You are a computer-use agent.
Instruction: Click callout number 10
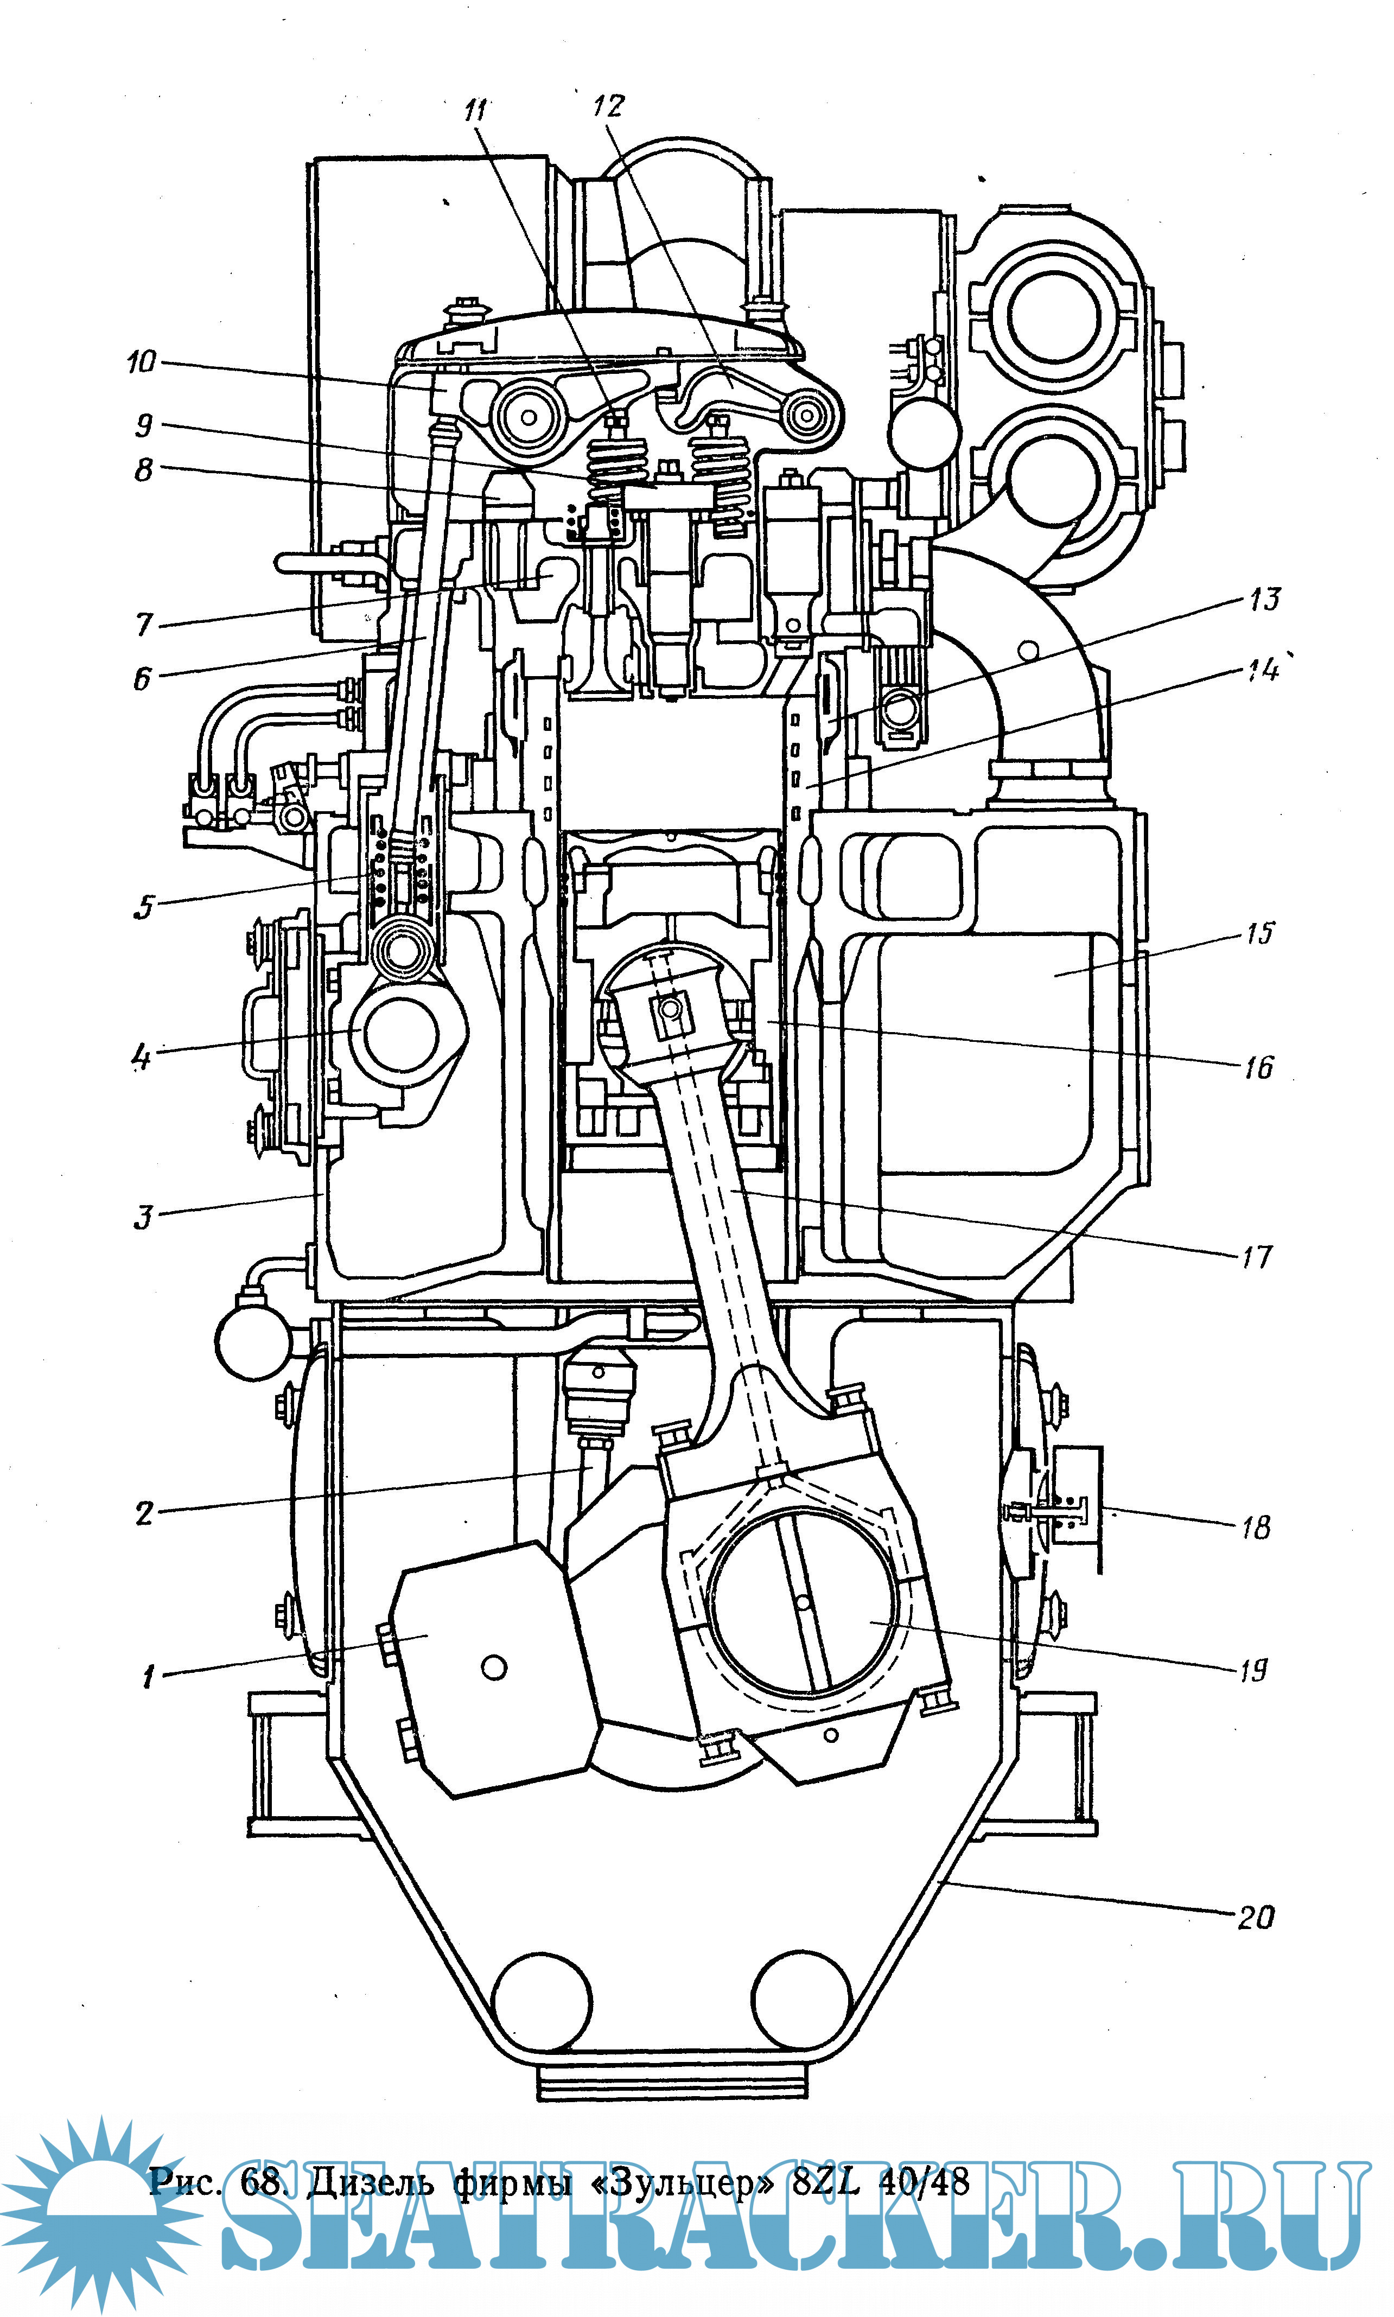coord(141,361)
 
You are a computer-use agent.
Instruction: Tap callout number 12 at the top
coord(608,105)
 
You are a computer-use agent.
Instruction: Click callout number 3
coord(143,1217)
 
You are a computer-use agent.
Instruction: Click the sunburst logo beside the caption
coord(99,2212)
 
